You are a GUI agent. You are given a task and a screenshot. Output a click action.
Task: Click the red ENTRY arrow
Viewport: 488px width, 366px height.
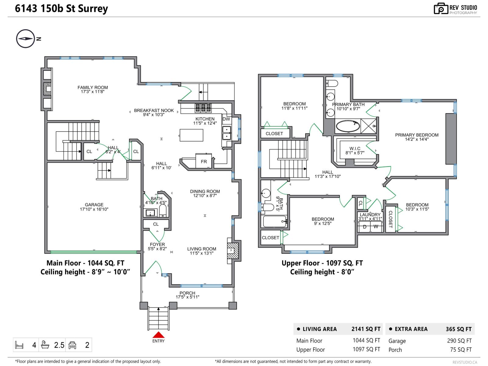click(x=158, y=335)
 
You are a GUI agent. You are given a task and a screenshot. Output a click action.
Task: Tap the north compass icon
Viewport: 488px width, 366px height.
click(x=26, y=39)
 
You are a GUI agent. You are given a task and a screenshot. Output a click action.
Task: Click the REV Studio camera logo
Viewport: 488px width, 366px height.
click(x=441, y=9)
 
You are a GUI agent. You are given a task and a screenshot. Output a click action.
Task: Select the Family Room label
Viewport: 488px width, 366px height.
click(x=93, y=88)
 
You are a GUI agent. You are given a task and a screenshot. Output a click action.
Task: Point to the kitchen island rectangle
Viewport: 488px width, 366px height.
click(x=192, y=135)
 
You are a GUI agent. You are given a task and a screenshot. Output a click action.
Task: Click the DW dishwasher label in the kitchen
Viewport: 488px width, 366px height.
click(x=226, y=119)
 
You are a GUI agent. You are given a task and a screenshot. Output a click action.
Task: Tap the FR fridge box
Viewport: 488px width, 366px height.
click(x=204, y=161)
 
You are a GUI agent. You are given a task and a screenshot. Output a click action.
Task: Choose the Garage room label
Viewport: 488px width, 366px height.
click(x=94, y=205)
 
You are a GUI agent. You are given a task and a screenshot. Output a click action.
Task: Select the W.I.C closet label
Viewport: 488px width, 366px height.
click(x=355, y=149)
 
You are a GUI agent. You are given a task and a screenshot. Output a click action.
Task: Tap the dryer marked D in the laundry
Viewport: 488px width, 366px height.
click(x=364, y=227)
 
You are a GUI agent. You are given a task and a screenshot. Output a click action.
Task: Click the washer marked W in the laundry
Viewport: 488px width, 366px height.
click(x=376, y=227)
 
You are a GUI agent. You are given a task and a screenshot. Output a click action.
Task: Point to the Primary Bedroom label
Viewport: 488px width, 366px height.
click(x=417, y=135)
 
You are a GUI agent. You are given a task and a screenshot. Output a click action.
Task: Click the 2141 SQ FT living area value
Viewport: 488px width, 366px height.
click(x=366, y=329)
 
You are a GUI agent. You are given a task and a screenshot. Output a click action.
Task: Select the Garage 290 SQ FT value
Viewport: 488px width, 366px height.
click(x=459, y=341)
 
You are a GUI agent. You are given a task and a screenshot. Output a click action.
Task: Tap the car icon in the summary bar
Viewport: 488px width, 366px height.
click(x=73, y=345)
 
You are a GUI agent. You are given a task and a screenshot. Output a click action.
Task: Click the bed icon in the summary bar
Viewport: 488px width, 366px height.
click(x=19, y=345)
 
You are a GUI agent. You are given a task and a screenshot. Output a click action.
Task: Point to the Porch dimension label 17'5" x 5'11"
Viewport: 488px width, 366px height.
click(x=187, y=297)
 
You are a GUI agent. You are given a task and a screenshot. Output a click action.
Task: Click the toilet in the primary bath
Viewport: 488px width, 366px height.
click(x=332, y=83)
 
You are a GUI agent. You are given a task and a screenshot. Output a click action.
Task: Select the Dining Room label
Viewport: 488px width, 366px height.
click(x=205, y=191)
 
